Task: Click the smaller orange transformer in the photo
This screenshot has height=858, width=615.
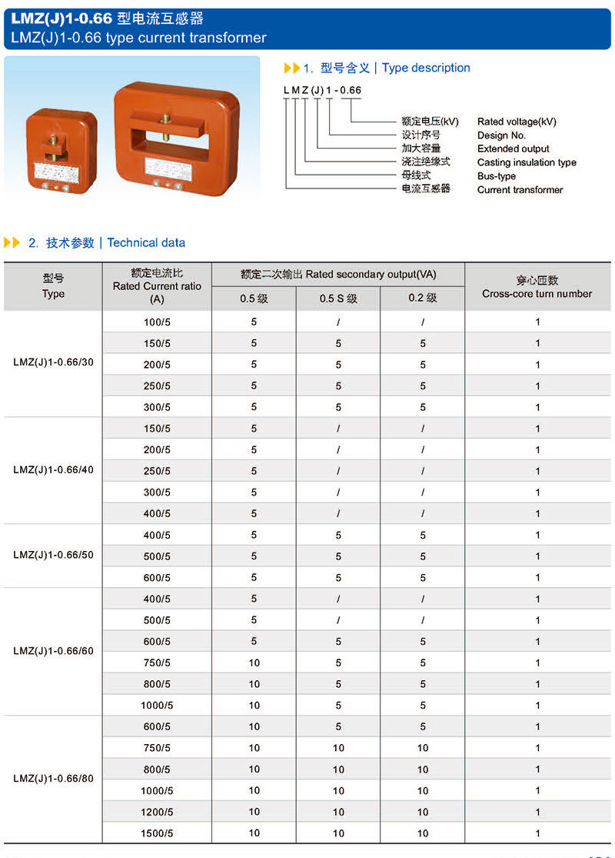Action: point(61,151)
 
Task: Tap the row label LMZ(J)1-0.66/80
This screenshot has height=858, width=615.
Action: point(53,778)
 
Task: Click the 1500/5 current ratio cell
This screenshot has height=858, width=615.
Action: point(157,833)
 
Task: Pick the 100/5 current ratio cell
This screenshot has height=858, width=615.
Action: point(157,322)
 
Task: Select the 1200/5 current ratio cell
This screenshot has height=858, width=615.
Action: point(157,812)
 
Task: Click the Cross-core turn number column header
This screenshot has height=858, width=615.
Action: point(537,287)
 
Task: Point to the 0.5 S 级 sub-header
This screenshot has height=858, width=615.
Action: point(338,298)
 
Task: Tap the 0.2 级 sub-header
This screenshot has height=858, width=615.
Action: point(422,298)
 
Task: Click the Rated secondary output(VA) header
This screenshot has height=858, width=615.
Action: point(338,274)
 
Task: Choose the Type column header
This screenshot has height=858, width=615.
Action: point(53,287)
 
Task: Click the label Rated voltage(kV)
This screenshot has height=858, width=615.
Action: point(517,122)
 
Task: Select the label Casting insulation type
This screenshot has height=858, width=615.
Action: point(527,162)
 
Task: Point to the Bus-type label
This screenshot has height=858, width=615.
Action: point(497,176)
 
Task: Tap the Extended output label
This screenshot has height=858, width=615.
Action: point(514,149)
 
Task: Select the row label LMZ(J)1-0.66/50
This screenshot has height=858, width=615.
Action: point(53,555)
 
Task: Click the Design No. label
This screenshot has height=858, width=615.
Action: point(501,135)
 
